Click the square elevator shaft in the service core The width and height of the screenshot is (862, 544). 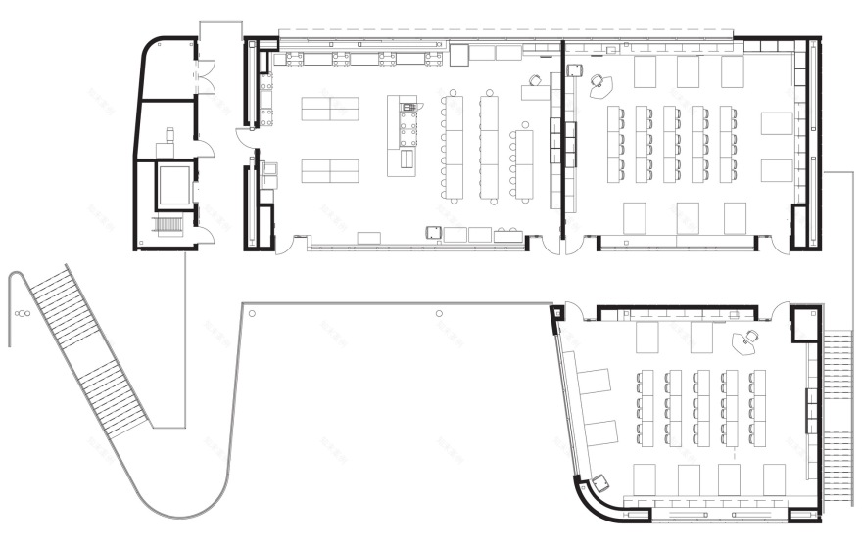(x=174, y=186)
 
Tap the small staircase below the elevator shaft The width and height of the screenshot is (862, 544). (x=169, y=226)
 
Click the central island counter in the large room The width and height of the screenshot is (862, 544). (x=403, y=135)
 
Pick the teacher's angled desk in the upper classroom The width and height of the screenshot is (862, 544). (x=601, y=86)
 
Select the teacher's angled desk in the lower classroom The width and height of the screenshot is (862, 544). (x=746, y=342)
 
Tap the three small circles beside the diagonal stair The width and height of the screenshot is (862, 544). (x=22, y=314)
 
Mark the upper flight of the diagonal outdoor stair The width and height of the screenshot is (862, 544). (x=58, y=303)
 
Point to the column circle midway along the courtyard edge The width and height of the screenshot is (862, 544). (x=439, y=313)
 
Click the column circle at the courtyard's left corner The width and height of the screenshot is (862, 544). (x=253, y=313)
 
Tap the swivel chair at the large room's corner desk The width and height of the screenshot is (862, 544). (x=535, y=80)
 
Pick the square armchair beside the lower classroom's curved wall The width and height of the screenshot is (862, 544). (x=599, y=482)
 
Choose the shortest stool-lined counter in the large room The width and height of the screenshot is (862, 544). (x=523, y=162)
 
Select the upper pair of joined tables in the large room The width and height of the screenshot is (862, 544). (x=330, y=109)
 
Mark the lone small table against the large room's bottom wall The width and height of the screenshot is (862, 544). (x=369, y=238)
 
